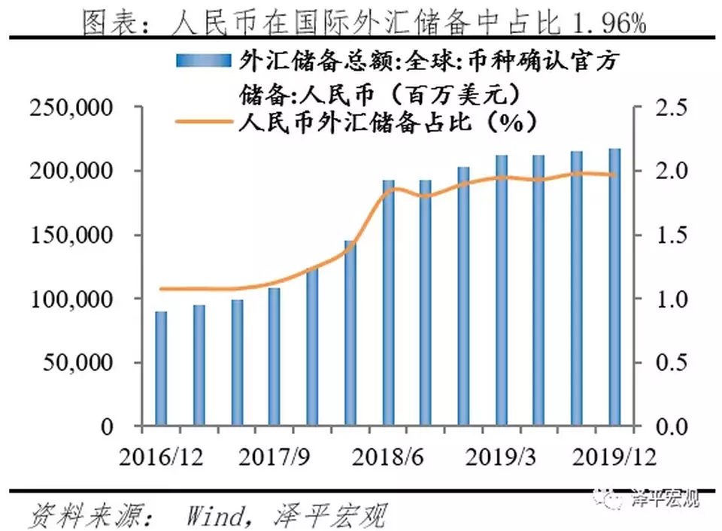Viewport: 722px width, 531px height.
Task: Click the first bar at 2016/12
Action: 161,369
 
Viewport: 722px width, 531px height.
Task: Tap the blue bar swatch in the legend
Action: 202,61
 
